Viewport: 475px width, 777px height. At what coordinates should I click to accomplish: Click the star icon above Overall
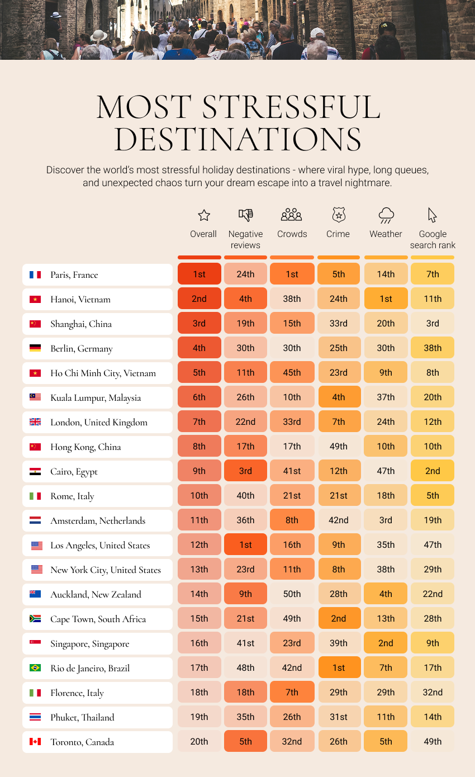pyautogui.click(x=204, y=215)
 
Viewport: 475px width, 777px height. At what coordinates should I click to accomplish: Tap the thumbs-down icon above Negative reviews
pyautogui.click(x=245, y=215)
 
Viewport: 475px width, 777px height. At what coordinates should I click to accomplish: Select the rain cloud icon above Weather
pyautogui.click(x=386, y=215)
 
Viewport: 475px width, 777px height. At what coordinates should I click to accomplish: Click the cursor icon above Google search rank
pyautogui.click(x=432, y=215)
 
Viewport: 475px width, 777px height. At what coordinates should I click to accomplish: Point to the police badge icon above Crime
pyautogui.click(x=338, y=215)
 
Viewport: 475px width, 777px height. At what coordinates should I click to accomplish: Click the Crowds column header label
pyautogui.click(x=292, y=234)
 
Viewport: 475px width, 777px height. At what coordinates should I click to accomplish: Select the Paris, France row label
pyautogui.click(x=74, y=274)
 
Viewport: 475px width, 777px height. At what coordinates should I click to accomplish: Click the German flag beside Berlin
pyautogui.click(x=35, y=348)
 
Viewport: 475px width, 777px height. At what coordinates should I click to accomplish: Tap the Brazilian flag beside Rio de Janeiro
pyautogui.click(x=35, y=668)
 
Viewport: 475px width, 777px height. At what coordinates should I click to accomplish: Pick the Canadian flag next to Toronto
pyautogui.click(x=35, y=742)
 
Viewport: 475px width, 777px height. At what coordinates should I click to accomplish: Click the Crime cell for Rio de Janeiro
pyautogui.click(x=339, y=667)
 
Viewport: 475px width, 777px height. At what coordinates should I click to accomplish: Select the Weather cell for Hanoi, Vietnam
pyautogui.click(x=386, y=299)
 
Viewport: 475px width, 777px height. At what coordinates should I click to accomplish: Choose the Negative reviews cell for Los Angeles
pyautogui.click(x=245, y=544)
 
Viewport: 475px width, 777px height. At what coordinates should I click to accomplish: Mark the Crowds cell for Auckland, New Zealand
pyautogui.click(x=292, y=594)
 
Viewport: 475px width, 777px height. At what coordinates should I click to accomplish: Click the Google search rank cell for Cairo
pyautogui.click(x=433, y=471)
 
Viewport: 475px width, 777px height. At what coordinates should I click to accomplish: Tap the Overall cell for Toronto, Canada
pyautogui.click(x=199, y=741)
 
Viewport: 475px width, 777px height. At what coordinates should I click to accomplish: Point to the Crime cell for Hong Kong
pyautogui.click(x=339, y=446)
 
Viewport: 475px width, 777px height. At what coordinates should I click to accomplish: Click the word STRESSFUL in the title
pyautogui.click(x=291, y=107)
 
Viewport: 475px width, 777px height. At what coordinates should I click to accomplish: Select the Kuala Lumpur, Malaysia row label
pyautogui.click(x=96, y=397)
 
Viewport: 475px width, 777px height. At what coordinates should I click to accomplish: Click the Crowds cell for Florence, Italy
pyautogui.click(x=292, y=692)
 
